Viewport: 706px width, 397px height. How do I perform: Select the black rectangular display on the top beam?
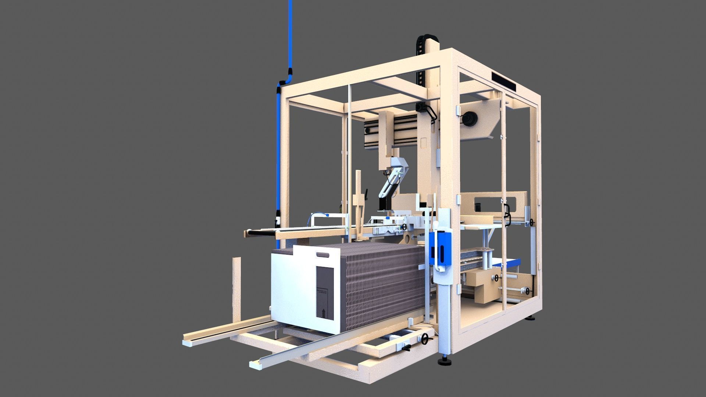pyautogui.click(x=504, y=81)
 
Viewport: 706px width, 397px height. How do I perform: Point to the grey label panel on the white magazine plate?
pyautogui.click(x=325, y=293)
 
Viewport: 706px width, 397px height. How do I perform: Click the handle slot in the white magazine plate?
pyautogui.click(x=322, y=254)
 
